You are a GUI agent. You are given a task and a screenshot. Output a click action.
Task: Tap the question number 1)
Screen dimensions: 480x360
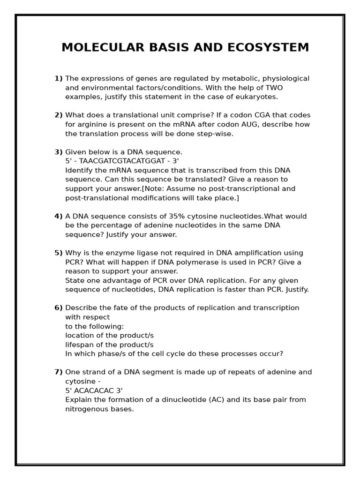pyautogui.click(x=58, y=78)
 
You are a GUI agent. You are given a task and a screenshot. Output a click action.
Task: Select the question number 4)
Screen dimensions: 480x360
pyautogui.click(x=58, y=216)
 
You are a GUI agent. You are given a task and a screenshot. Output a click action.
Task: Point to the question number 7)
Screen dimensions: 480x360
pyautogui.click(x=58, y=372)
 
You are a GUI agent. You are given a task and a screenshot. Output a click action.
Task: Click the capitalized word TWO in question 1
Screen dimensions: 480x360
pyautogui.click(x=274, y=88)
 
